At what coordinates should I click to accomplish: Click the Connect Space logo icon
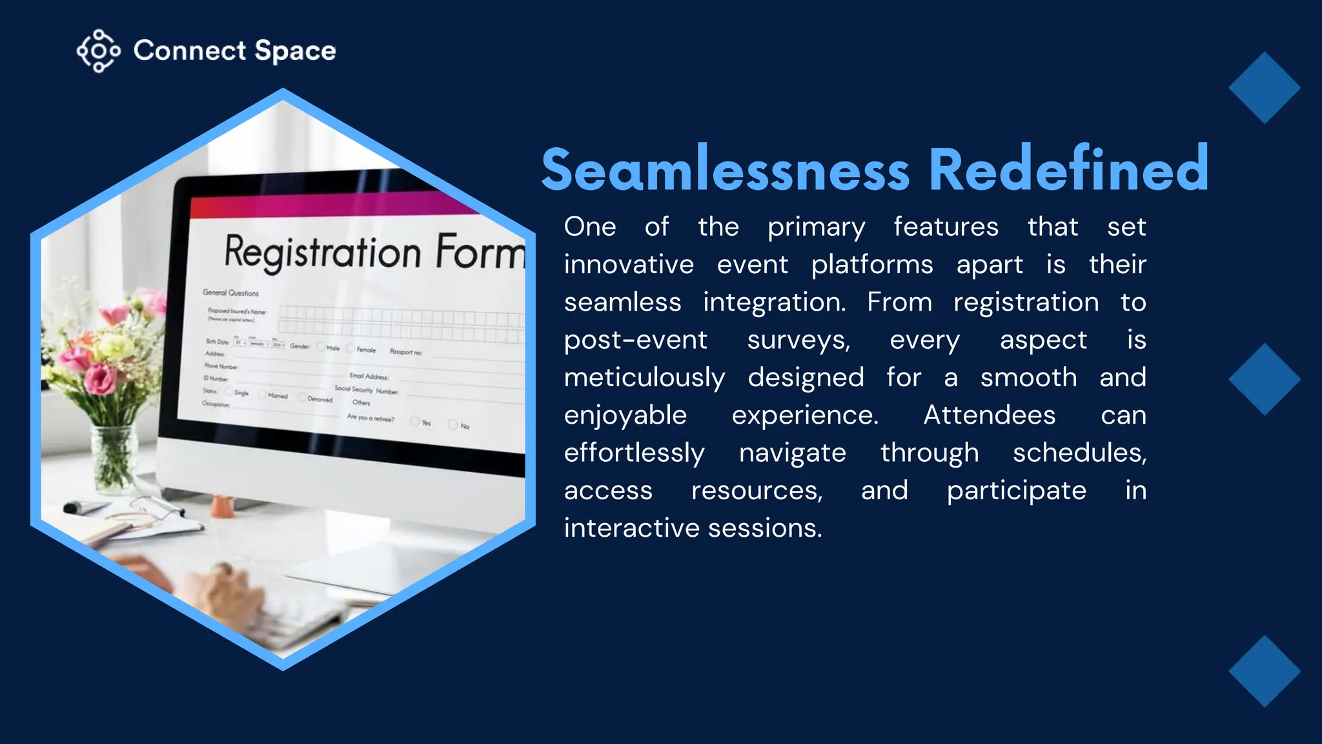(x=98, y=51)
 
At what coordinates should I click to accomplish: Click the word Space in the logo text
(x=295, y=51)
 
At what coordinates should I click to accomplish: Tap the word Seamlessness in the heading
(x=725, y=170)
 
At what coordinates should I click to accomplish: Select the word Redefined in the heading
(x=1068, y=169)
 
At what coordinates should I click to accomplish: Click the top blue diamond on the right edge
(x=1264, y=88)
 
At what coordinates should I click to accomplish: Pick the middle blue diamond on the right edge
(x=1264, y=379)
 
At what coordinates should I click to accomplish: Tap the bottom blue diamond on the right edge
(x=1264, y=671)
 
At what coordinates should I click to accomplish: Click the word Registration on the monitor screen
(x=322, y=253)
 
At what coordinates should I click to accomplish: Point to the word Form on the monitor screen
(x=480, y=252)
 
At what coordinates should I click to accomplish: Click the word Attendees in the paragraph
(x=989, y=415)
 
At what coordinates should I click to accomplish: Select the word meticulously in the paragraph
(x=644, y=378)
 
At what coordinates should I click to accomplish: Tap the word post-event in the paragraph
(x=635, y=340)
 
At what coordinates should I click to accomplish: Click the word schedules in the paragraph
(x=1079, y=453)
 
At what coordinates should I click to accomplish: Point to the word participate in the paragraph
(x=1016, y=491)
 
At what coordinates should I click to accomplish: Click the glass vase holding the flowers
(x=114, y=455)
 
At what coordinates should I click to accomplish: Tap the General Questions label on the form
(x=230, y=293)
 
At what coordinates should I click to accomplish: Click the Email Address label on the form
(x=369, y=376)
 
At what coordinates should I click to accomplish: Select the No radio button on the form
(x=453, y=424)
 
